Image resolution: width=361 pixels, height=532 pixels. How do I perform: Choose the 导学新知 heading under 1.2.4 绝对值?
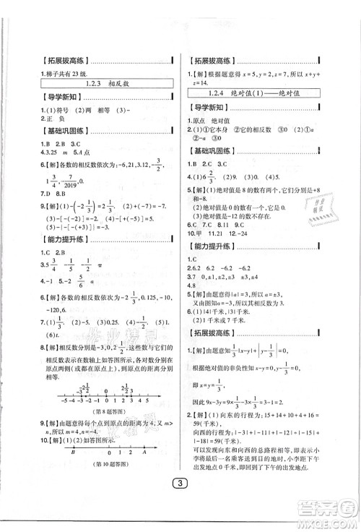pyautogui.click(x=208, y=109)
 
